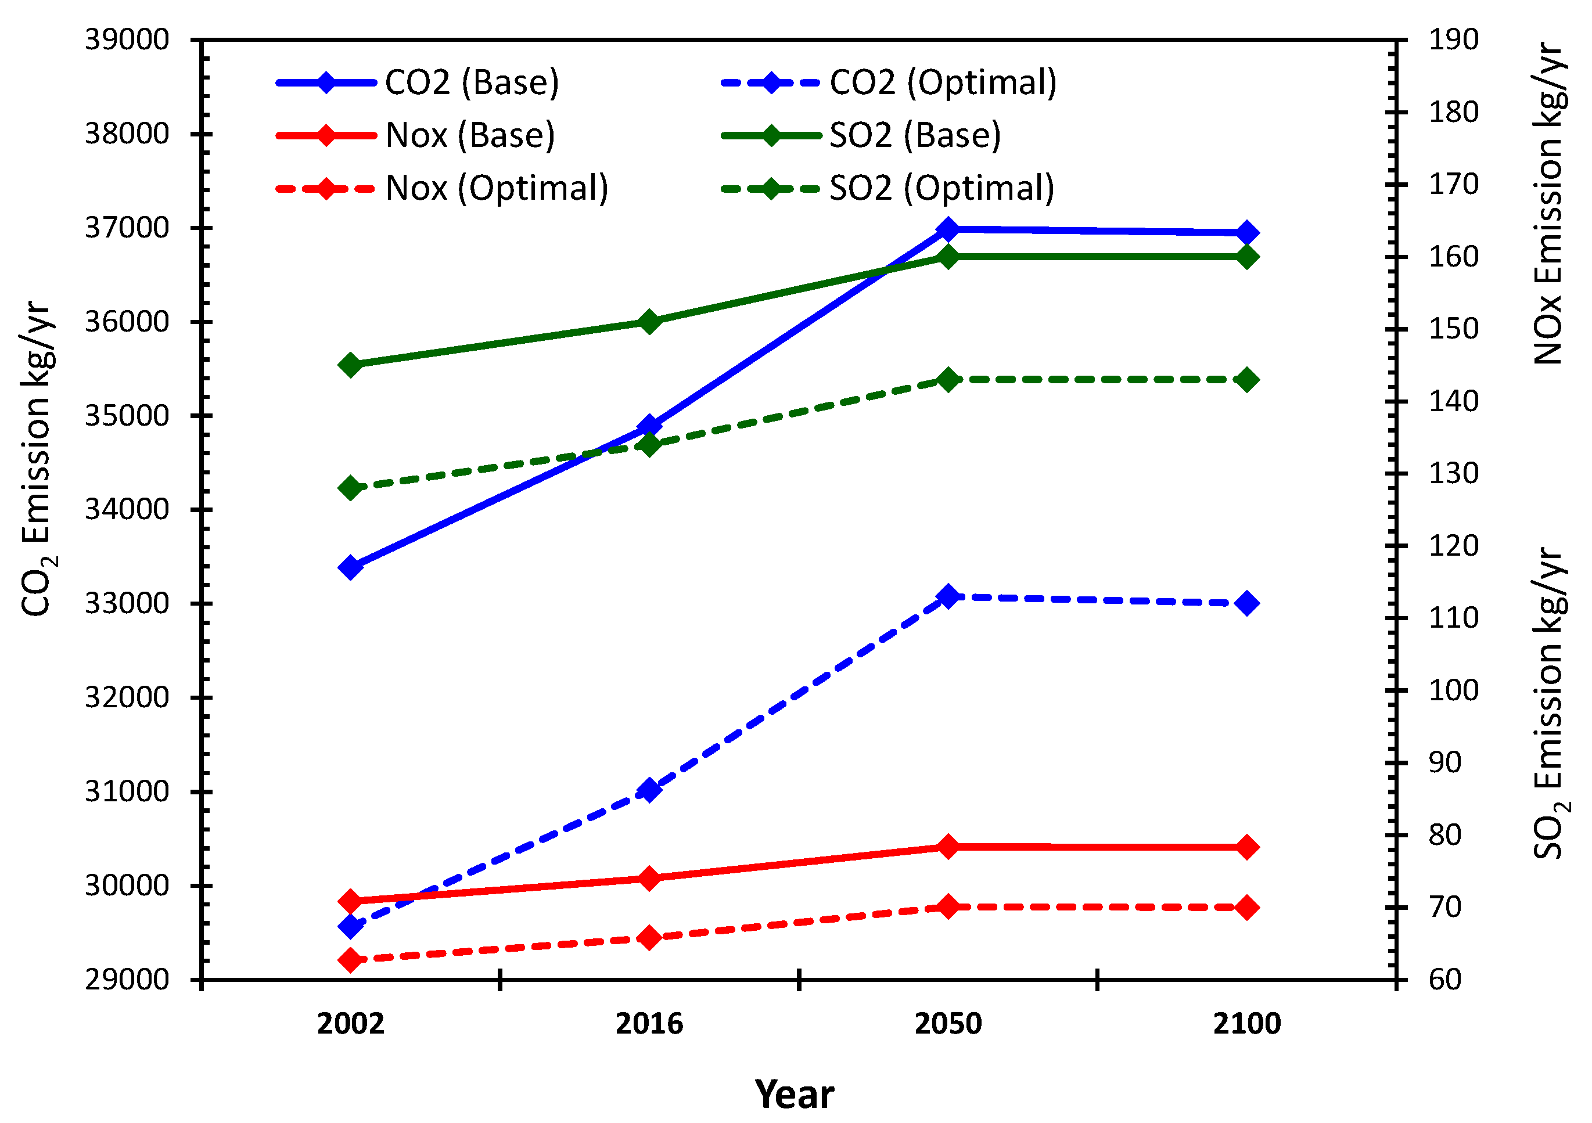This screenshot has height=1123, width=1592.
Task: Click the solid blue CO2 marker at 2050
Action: [948, 229]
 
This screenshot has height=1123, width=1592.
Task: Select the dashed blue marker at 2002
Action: [351, 926]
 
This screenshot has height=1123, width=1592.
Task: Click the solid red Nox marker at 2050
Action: [948, 847]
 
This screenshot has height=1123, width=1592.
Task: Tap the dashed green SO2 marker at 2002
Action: [351, 488]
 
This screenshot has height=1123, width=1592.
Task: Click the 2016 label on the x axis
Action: [649, 1024]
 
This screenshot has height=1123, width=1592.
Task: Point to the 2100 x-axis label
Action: [1246, 1024]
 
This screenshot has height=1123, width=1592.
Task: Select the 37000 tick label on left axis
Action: [127, 228]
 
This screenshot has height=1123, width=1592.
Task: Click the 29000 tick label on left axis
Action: [127, 980]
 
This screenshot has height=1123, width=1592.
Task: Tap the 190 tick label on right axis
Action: [1453, 39]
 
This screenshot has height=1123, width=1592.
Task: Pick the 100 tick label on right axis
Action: [1453, 690]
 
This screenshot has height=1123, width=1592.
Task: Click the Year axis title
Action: [795, 1095]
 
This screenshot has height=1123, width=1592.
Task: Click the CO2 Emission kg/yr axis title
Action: [37, 458]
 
